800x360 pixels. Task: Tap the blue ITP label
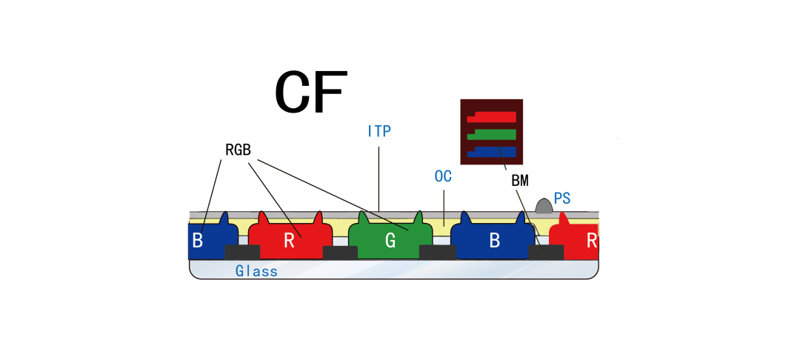pyautogui.click(x=379, y=132)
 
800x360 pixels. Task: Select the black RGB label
pyautogui.click(x=238, y=150)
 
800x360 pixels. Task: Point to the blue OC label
pyautogui.click(x=443, y=177)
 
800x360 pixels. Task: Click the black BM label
pyautogui.click(x=520, y=180)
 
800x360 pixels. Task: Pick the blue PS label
pyautogui.click(x=562, y=198)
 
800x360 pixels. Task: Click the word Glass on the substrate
pyautogui.click(x=256, y=271)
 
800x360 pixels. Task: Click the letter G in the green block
pyautogui.click(x=390, y=241)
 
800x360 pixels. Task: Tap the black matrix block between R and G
pyautogui.click(x=340, y=252)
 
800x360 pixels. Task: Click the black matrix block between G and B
pyautogui.click(x=437, y=252)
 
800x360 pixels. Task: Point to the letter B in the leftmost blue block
pyautogui.click(x=197, y=241)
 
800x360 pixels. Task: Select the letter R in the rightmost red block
pyautogui.click(x=591, y=241)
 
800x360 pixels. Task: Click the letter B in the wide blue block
pyautogui.click(x=493, y=241)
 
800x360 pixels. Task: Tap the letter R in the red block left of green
pyautogui.click(x=289, y=241)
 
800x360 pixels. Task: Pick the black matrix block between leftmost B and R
pyautogui.click(x=242, y=252)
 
